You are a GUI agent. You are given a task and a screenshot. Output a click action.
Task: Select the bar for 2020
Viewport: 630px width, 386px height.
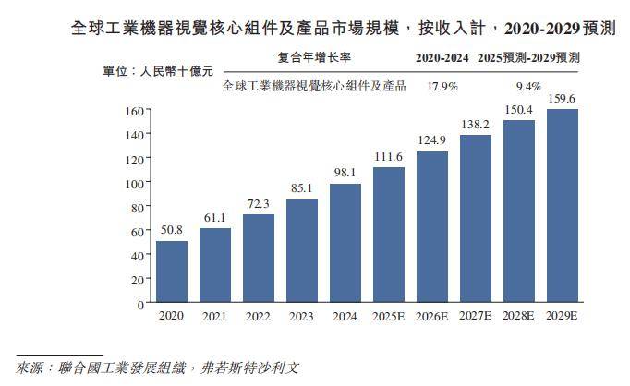[x=171, y=271]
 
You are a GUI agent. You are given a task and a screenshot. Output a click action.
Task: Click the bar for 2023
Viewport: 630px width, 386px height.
[x=301, y=251]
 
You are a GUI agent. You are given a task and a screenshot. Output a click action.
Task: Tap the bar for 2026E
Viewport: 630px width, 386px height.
[x=431, y=227]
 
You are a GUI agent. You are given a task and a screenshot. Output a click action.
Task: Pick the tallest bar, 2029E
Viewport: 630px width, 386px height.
[x=563, y=206]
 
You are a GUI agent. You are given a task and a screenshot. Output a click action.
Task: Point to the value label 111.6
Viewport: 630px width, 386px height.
[x=389, y=156]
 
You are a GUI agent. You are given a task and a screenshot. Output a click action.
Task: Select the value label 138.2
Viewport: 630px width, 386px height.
[x=476, y=124]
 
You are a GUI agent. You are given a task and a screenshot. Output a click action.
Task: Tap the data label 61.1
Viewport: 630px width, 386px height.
[x=215, y=217]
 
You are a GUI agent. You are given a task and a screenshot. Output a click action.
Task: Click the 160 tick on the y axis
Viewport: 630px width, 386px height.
[x=134, y=111]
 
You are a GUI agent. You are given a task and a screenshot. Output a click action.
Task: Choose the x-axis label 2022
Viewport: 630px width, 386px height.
[x=258, y=317]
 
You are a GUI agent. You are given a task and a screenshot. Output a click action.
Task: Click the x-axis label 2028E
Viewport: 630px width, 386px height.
[x=518, y=317]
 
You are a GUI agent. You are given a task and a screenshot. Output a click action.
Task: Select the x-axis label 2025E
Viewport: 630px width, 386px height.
[x=388, y=317]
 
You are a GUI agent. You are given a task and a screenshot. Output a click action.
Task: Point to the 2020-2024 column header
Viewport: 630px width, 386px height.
[x=442, y=57]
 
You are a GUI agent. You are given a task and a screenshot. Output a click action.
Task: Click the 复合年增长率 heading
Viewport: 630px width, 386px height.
[x=314, y=57]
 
